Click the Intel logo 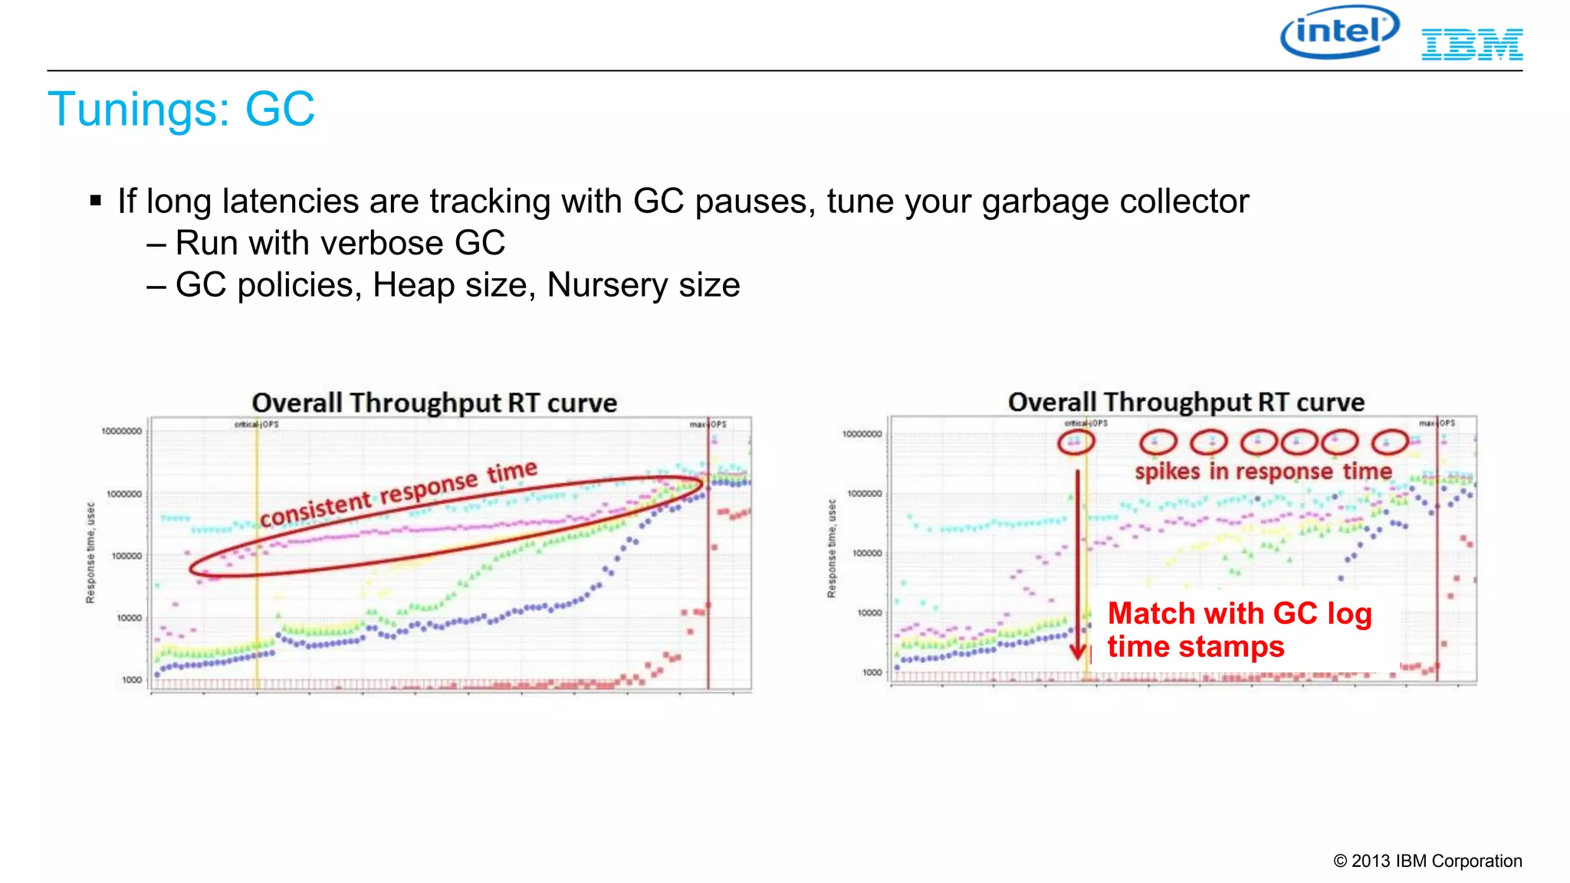pos(1339,32)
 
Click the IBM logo pos(1472,44)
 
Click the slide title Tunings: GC pos(181,109)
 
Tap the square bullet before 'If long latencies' pos(96,202)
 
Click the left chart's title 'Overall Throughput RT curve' pos(434,403)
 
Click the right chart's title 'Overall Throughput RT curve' pos(1186,402)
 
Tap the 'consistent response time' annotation pos(399,494)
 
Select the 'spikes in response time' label pos(1263,471)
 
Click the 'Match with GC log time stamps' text pos(1239,629)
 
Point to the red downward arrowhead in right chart pos(1078,652)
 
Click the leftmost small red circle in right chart pos(1076,442)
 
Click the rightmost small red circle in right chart pos(1389,442)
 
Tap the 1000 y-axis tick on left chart pos(132,680)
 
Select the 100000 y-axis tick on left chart pos(126,556)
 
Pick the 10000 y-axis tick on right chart pos(869,612)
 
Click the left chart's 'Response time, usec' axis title pos(90,553)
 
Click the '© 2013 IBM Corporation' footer pos(1427,861)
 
